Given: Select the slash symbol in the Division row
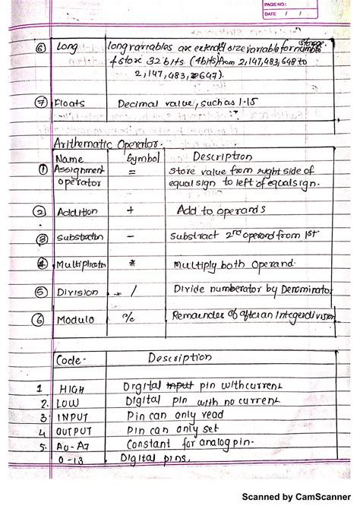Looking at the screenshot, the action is [x=131, y=289].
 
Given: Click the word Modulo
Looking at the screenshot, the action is [x=75, y=319].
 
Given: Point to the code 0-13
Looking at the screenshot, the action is [x=74, y=460].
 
